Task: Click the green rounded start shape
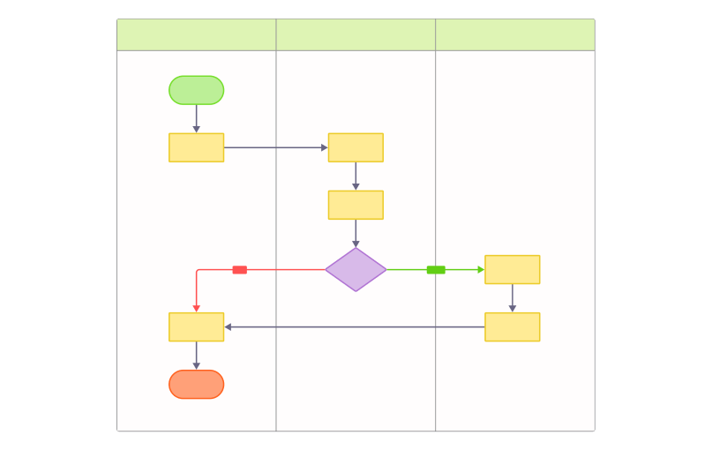pos(196,90)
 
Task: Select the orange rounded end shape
pos(196,384)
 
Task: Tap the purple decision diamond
pos(356,269)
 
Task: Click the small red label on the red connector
pos(239,270)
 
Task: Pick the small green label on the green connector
pos(436,270)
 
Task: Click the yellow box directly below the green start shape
pos(196,147)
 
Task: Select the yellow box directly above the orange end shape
pos(196,326)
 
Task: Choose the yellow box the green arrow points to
pos(512,269)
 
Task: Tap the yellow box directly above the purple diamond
pos(356,205)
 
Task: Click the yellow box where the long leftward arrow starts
pos(512,326)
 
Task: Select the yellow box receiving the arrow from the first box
pos(356,147)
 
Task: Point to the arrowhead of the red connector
pos(197,308)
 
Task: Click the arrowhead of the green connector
pos(481,270)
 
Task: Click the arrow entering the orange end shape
pos(197,356)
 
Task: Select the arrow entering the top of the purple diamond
pos(356,234)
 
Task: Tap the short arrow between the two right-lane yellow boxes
pos(512,298)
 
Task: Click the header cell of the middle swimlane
pos(356,34)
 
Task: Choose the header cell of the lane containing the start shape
pos(197,34)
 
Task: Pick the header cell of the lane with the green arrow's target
pos(514,34)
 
